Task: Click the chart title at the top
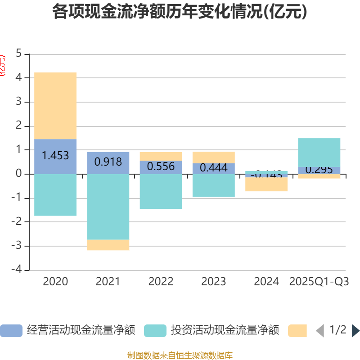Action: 180,12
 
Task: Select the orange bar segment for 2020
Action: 55,106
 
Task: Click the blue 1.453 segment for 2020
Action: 55,156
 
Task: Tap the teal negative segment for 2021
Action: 108,207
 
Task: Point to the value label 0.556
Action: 161,166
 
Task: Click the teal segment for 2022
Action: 161,191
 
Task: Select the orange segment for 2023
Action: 213,157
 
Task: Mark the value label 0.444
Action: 213,168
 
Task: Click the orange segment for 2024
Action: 266,184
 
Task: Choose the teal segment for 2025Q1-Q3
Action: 319,152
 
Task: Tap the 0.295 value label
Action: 319,170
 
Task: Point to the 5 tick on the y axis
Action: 18,54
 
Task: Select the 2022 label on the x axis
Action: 161,282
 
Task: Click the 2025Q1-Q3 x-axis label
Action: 319,282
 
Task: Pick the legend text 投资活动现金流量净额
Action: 225,331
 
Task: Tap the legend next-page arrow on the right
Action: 355,331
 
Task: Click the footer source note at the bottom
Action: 180,355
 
